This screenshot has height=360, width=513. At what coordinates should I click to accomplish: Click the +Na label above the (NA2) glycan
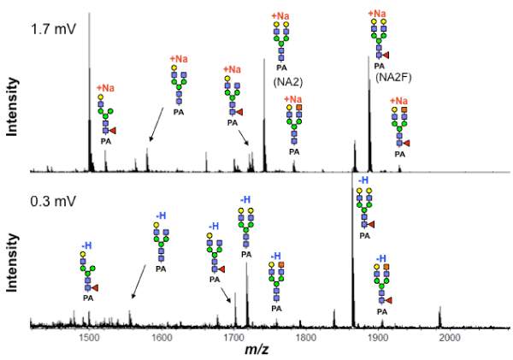(280, 16)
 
